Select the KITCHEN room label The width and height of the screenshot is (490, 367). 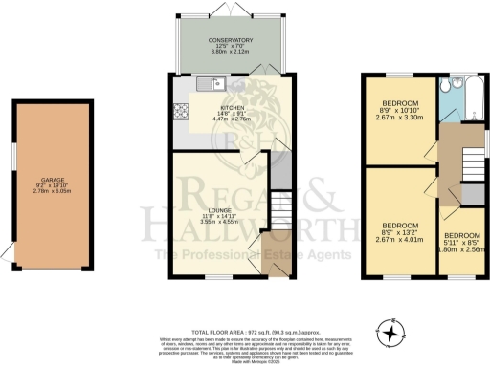233,108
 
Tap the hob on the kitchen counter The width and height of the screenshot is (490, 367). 179,111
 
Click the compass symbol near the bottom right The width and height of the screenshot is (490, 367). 391,334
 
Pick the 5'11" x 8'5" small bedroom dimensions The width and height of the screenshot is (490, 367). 460,243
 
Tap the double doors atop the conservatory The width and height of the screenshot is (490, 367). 228,9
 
